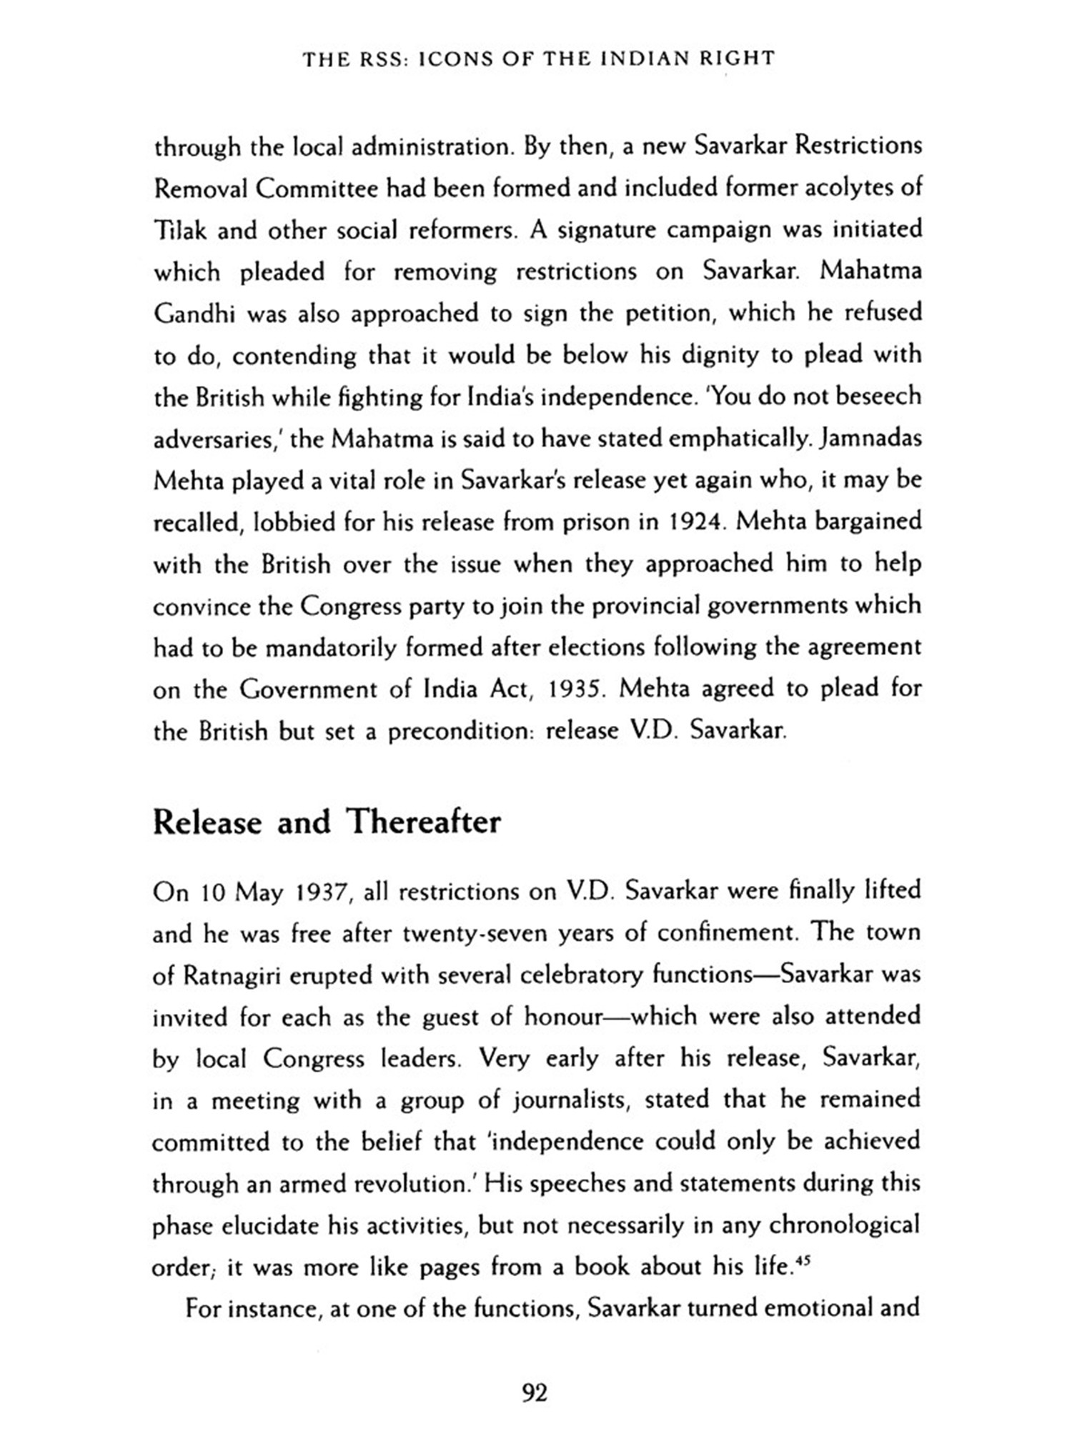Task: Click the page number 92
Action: tap(535, 1393)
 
